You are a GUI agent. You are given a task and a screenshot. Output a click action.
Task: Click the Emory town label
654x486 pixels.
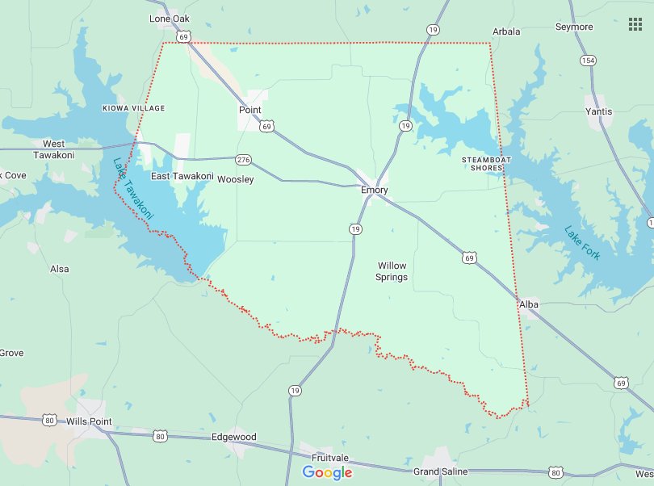click(x=375, y=191)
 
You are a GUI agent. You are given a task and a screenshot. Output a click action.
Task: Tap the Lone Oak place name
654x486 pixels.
click(x=169, y=18)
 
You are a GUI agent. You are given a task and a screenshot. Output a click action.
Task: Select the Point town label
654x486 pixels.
click(x=249, y=110)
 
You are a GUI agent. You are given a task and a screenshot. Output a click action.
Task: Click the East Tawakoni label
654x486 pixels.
click(x=182, y=176)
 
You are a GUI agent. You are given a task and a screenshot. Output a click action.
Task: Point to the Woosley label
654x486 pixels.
click(x=236, y=179)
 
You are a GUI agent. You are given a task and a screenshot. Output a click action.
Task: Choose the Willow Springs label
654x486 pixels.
click(x=392, y=271)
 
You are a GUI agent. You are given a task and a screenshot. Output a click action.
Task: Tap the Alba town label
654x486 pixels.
click(x=529, y=304)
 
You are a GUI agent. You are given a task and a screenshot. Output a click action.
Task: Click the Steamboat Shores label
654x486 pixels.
click(x=488, y=164)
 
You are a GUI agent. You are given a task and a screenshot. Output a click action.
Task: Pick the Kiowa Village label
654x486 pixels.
click(x=133, y=107)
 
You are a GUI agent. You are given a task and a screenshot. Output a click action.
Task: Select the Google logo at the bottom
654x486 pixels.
click(x=327, y=472)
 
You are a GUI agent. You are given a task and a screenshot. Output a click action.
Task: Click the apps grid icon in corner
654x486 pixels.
click(x=635, y=24)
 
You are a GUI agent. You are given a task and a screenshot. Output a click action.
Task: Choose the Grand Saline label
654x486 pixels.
click(x=438, y=471)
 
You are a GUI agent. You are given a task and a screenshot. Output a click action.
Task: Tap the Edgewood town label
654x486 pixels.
click(x=233, y=437)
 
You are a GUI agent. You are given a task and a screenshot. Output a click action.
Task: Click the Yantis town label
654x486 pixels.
click(x=599, y=111)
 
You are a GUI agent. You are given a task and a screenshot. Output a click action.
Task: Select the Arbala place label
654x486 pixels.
click(x=506, y=31)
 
